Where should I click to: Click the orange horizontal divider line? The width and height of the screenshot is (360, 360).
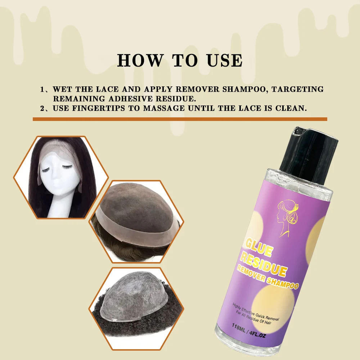[180, 119]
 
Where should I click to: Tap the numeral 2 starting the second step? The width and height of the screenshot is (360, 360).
[42, 108]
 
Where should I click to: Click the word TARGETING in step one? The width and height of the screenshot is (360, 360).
[298, 89]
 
